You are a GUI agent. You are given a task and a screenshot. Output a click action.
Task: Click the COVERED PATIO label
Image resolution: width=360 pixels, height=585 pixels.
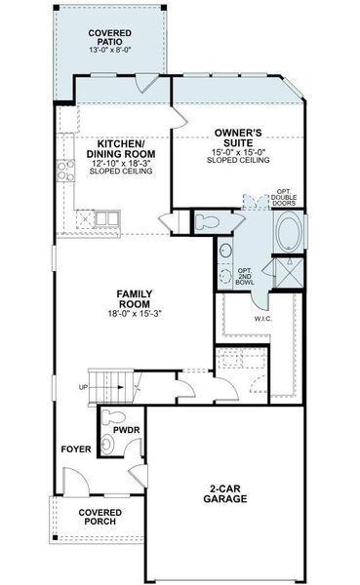108,38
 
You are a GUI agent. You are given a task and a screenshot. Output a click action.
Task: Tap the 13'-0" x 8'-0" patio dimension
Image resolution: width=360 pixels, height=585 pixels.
108,51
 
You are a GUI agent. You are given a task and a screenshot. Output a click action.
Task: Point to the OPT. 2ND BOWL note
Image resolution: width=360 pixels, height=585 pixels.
245,276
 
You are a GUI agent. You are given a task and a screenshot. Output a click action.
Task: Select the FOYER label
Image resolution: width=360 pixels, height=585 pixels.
75,450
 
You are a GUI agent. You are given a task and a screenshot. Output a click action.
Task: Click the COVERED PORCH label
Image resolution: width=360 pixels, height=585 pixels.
100,518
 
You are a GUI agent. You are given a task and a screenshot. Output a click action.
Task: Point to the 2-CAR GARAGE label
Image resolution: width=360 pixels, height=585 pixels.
225,493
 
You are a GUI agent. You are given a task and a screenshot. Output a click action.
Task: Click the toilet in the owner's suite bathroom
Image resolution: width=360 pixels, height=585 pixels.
205,219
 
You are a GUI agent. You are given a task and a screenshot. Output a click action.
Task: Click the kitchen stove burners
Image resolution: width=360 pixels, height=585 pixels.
66,172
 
